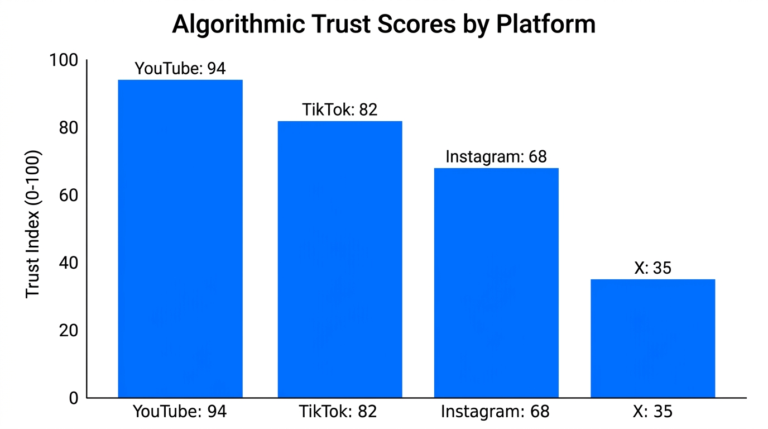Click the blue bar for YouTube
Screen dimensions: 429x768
(x=180, y=239)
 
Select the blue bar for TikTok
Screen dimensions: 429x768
(x=340, y=259)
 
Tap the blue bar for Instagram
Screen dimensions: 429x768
(x=496, y=283)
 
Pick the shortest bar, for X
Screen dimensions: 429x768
(x=652, y=339)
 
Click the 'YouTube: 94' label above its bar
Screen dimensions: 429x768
(x=180, y=69)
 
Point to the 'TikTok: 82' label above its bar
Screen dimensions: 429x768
(x=340, y=109)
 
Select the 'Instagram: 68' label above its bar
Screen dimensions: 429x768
(x=496, y=157)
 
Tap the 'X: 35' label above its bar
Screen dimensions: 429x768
(x=652, y=268)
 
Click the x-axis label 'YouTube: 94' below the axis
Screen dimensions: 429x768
(x=180, y=412)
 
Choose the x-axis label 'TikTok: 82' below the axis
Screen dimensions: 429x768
(x=338, y=412)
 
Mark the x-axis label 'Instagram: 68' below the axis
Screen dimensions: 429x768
(x=495, y=412)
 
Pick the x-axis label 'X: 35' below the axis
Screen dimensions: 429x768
(x=652, y=412)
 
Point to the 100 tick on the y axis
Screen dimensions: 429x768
(x=64, y=60)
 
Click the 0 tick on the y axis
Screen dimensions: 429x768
(x=74, y=398)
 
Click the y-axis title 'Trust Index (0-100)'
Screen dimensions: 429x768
(x=33, y=223)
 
